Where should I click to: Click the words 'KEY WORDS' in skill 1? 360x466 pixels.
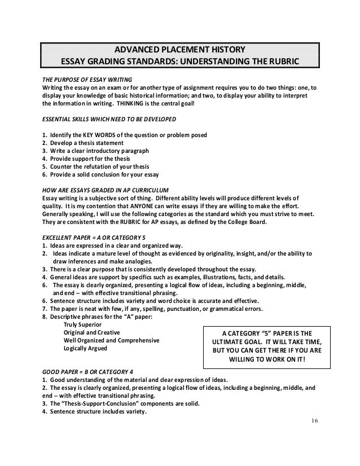pos(102,136)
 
